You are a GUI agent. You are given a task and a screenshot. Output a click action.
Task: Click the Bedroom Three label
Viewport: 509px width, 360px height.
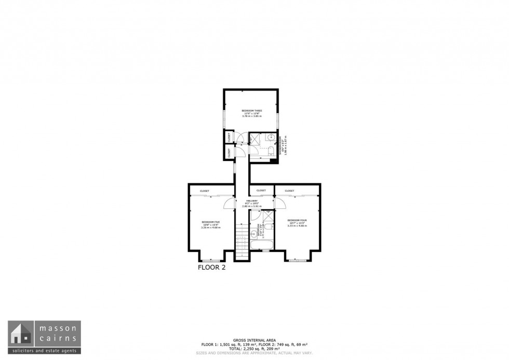pyautogui.click(x=251, y=111)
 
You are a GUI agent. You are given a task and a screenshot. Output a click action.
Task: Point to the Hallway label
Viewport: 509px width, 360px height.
pyautogui.click(x=252, y=201)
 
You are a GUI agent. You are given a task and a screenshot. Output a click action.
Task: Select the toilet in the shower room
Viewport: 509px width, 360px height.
pyautogui.click(x=270, y=151)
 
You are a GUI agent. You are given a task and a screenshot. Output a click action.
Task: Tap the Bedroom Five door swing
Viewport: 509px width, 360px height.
pyautogui.click(x=229, y=203)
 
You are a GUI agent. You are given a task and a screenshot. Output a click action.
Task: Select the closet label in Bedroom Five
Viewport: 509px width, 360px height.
pyautogui.click(x=205, y=191)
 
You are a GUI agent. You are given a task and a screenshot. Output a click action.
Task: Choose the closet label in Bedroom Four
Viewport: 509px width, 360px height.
pyautogui.click(x=289, y=191)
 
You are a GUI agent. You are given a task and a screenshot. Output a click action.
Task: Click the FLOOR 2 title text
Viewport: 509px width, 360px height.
pyautogui.click(x=212, y=268)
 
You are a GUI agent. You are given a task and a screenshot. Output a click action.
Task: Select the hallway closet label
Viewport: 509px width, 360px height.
pyautogui.click(x=261, y=190)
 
